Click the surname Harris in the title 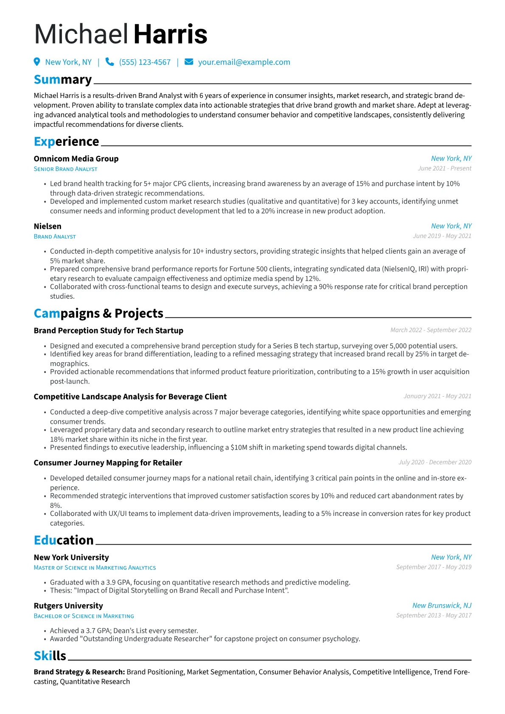pyautogui.click(x=170, y=35)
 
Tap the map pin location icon pyautogui.click(x=37, y=62)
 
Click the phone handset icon pyautogui.click(x=109, y=62)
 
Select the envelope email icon pyautogui.click(x=189, y=62)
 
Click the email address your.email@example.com pyautogui.click(x=244, y=62)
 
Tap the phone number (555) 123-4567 pyautogui.click(x=145, y=62)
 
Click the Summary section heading pyautogui.click(x=63, y=80)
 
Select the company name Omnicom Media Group pyautogui.click(x=76, y=159)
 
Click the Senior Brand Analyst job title pyautogui.click(x=65, y=169)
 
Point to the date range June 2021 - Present pyautogui.click(x=444, y=168)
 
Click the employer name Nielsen pyautogui.click(x=48, y=227)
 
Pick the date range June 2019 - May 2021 pyautogui.click(x=442, y=236)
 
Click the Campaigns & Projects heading pyautogui.click(x=98, y=314)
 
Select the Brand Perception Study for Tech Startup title pyautogui.click(x=108, y=330)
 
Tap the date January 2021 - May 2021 pyautogui.click(x=437, y=396)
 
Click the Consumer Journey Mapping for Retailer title pyautogui.click(x=108, y=463)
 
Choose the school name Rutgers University pyautogui.click(x=68, y=606)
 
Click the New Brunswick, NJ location pyautogui.click(x=442, y=605)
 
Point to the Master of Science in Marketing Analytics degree pyautogui.click(x=95, y=568)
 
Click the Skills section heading pyautogui.click(x=50, y=656)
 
